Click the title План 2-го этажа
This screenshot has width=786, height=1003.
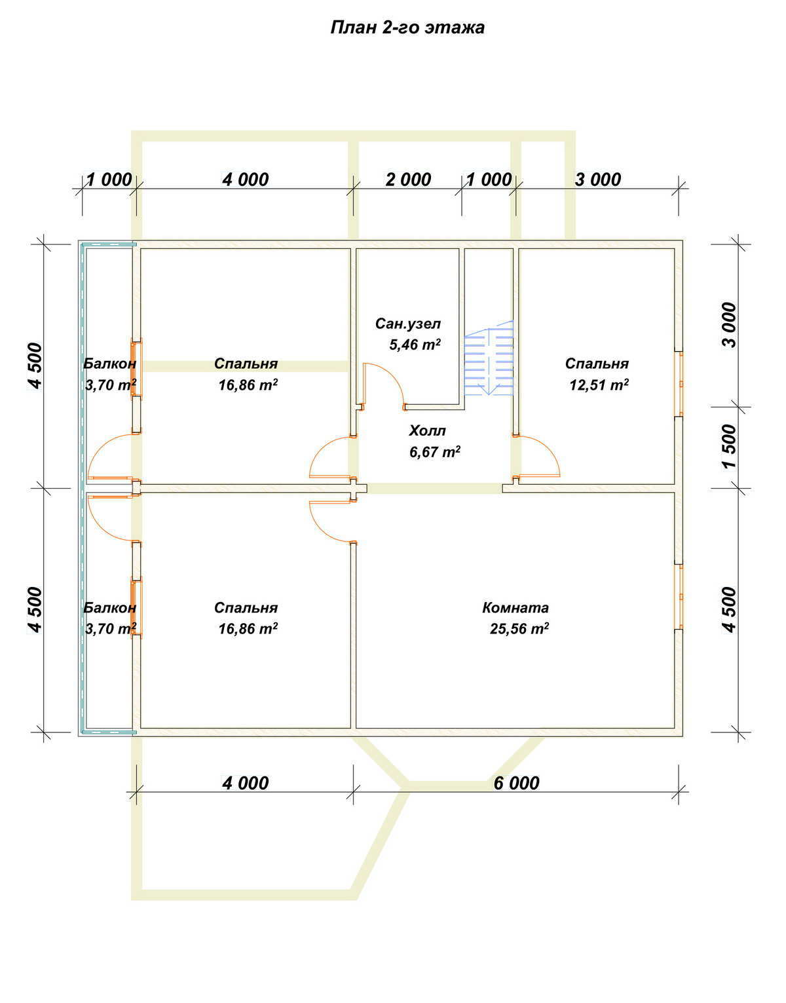(407, 28)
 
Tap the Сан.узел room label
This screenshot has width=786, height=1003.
(408, 324)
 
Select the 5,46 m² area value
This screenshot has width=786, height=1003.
(415, 345)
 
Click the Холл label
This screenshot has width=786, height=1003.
(427, 430)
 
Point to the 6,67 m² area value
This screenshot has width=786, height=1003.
(435, 451)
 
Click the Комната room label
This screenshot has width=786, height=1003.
(515, 607)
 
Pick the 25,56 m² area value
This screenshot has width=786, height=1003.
(519, 629)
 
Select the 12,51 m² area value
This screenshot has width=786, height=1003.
(599, 385)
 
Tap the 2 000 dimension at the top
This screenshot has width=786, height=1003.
(408, 180)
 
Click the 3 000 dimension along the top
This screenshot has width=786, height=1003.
(598, 180)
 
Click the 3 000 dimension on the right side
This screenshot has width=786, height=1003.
(730, 325)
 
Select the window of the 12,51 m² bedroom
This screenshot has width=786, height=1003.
(679, 384)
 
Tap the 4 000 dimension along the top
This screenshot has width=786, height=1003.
(246, 180)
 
